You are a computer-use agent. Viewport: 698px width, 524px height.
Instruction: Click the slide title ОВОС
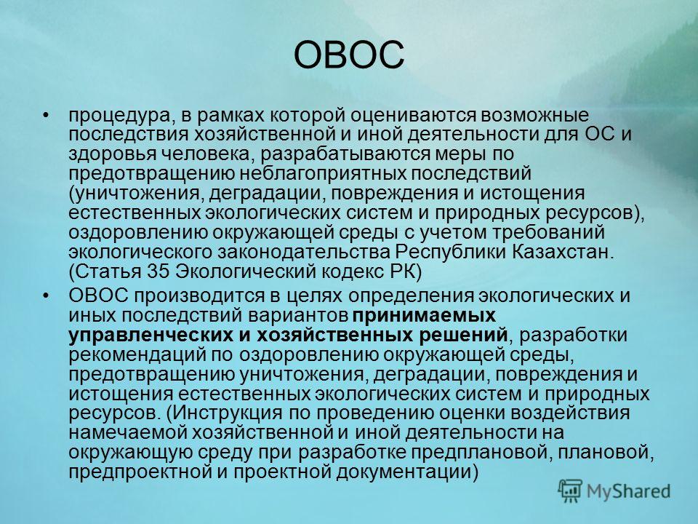349,55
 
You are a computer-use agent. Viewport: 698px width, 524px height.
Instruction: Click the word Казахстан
562,252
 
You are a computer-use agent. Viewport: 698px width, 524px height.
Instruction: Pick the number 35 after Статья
158,271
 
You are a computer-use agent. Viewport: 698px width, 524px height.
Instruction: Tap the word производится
197,296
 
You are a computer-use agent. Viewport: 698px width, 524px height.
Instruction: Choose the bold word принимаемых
424,316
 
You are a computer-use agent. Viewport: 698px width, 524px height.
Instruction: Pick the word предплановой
478,453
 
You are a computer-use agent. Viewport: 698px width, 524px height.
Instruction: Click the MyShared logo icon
570,491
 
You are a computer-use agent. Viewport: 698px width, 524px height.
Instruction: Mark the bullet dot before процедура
45,116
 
